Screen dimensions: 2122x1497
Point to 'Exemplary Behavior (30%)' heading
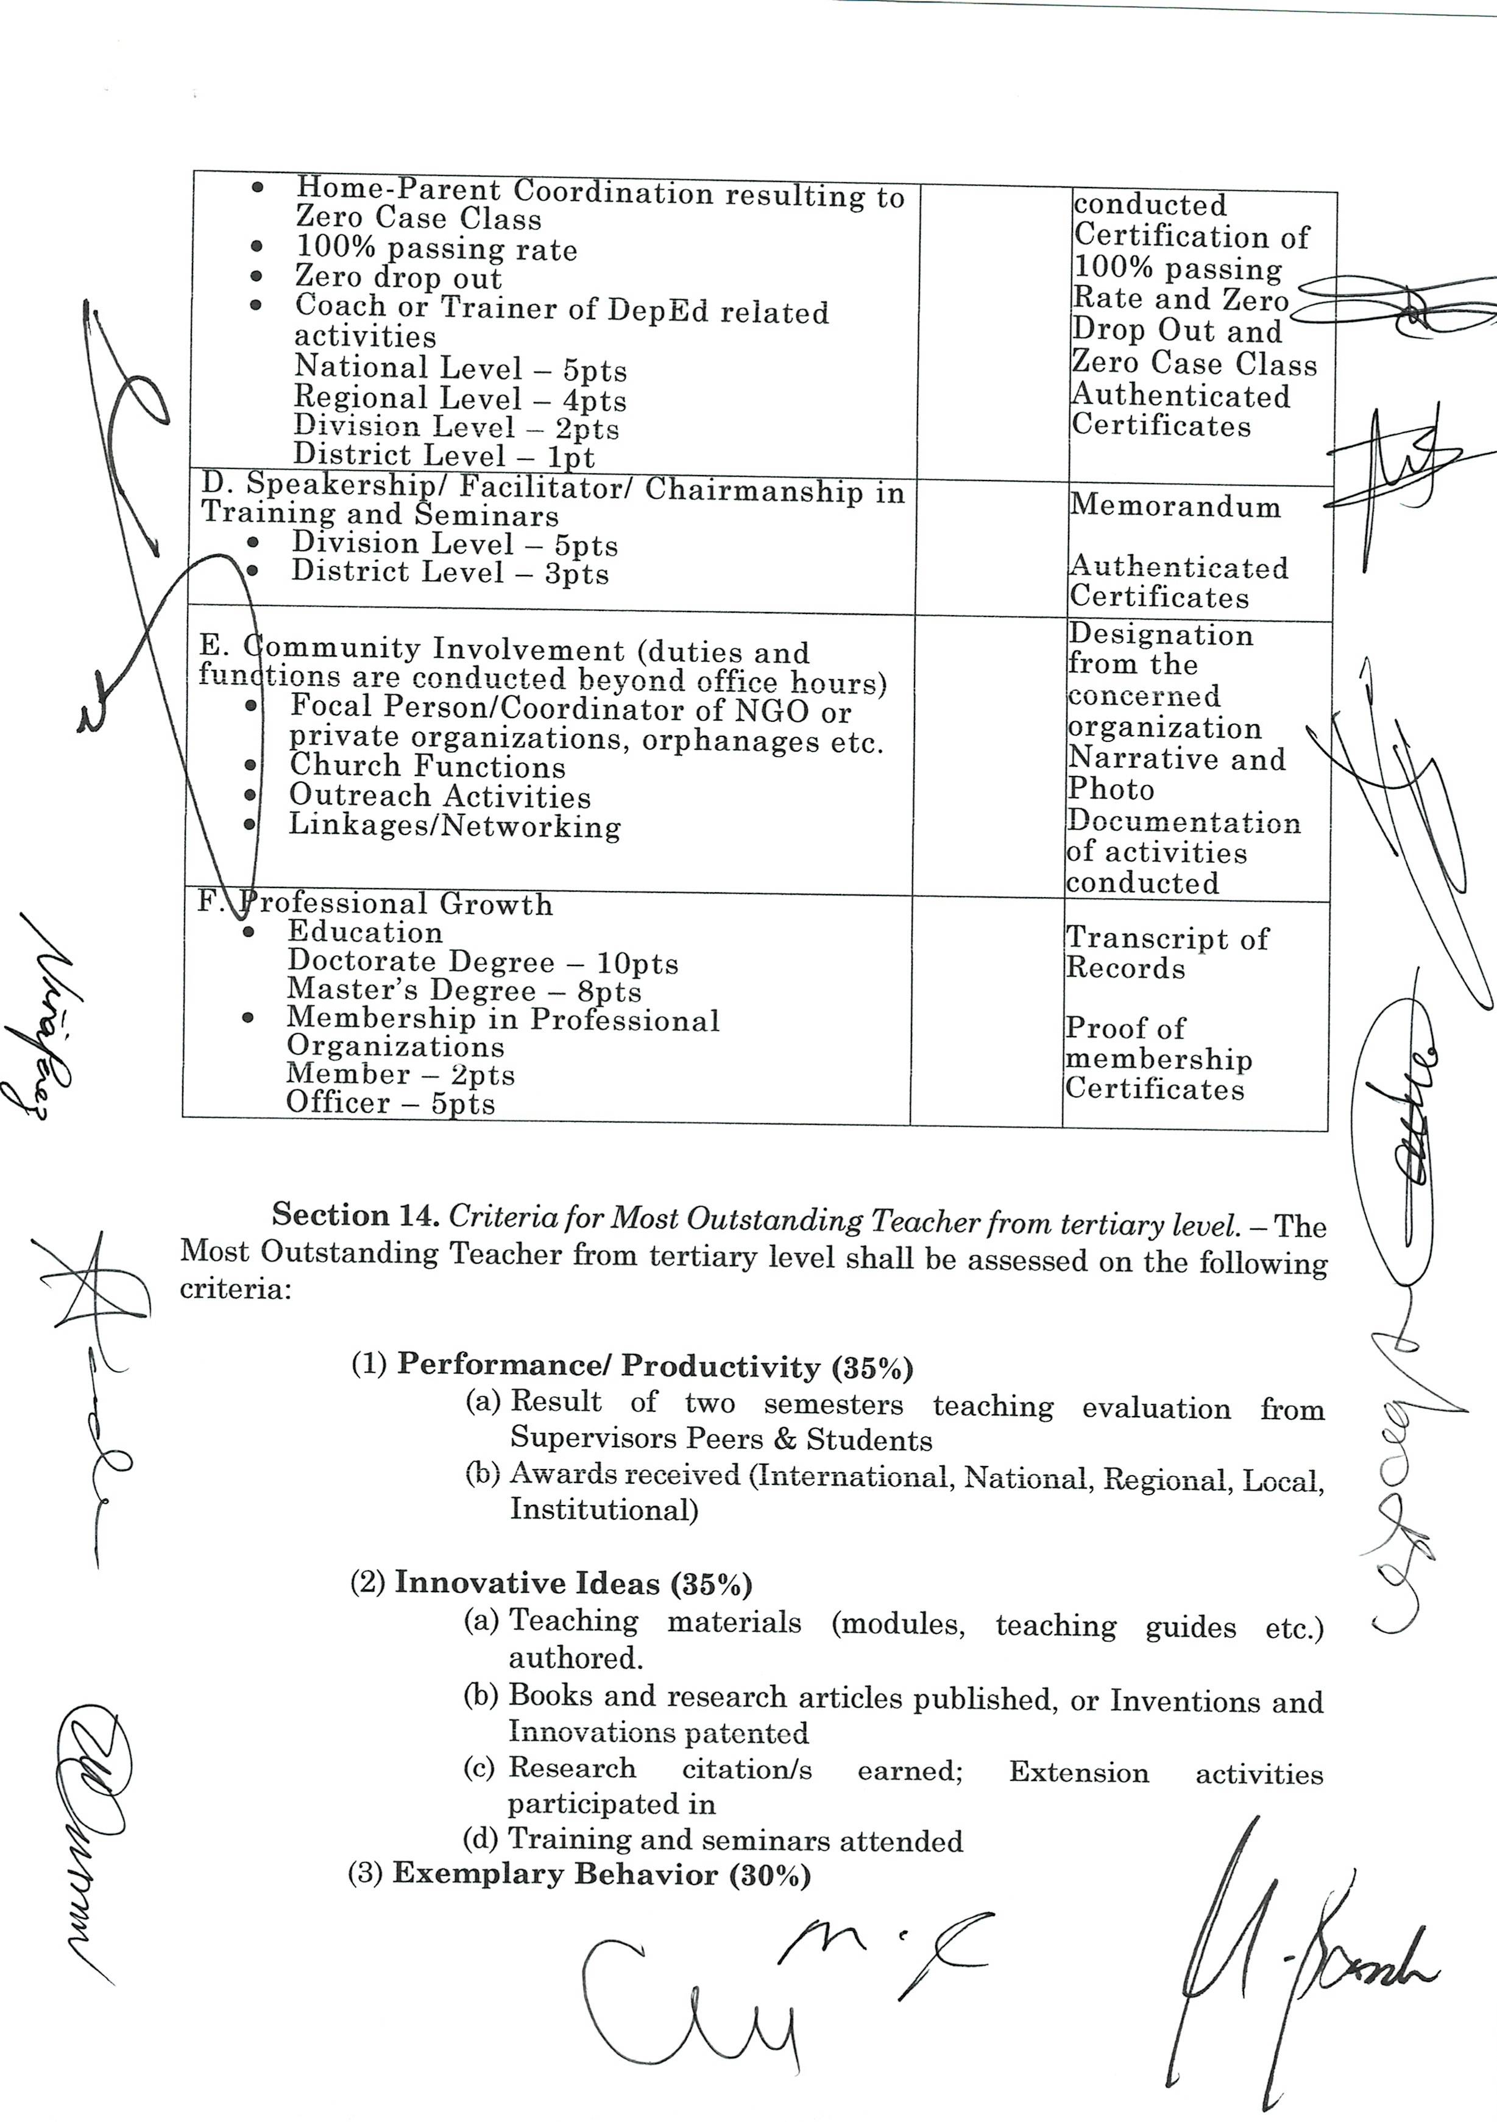coord(601,1874)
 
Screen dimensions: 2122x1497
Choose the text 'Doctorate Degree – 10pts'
coord(483,962)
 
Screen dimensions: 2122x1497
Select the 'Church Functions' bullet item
coord(427,766)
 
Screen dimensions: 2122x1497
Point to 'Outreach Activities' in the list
coord(439,795)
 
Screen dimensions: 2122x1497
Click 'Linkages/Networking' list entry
coord(455,825)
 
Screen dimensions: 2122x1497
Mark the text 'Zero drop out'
coord(398,277)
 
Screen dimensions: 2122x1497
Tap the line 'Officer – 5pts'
coord(390,1102)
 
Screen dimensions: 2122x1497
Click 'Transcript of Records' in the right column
coord(1167,953)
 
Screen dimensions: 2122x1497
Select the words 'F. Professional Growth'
coord(375,903)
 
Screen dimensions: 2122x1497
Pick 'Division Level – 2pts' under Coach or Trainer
coord(457,427)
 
